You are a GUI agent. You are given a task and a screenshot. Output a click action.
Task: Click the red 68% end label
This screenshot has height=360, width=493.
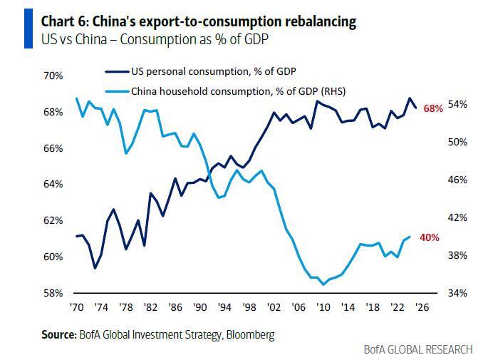pyautogui.click(x=433, y=108)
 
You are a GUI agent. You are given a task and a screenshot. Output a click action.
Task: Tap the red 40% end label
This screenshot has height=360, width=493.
pyautogui.click(x=429, y=237)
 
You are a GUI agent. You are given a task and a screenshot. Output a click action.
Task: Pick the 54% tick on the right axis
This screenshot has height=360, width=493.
pyautogui.click(x=457, y=104)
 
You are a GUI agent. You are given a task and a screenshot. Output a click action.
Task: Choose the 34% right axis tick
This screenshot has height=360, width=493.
pyautogui.click(x=457, y=293)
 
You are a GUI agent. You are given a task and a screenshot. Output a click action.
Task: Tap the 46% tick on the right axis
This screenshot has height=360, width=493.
pyautogui.click(x=457, y=180)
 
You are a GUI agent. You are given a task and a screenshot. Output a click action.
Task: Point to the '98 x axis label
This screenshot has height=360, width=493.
pyautogui.click(x=249, y=308)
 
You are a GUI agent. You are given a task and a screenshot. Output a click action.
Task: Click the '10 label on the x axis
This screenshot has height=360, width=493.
pyautogui.click(x=324, y=308)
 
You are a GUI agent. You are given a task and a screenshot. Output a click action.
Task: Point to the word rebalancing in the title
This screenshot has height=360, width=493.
pyautogui.click(x=317, y=22)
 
